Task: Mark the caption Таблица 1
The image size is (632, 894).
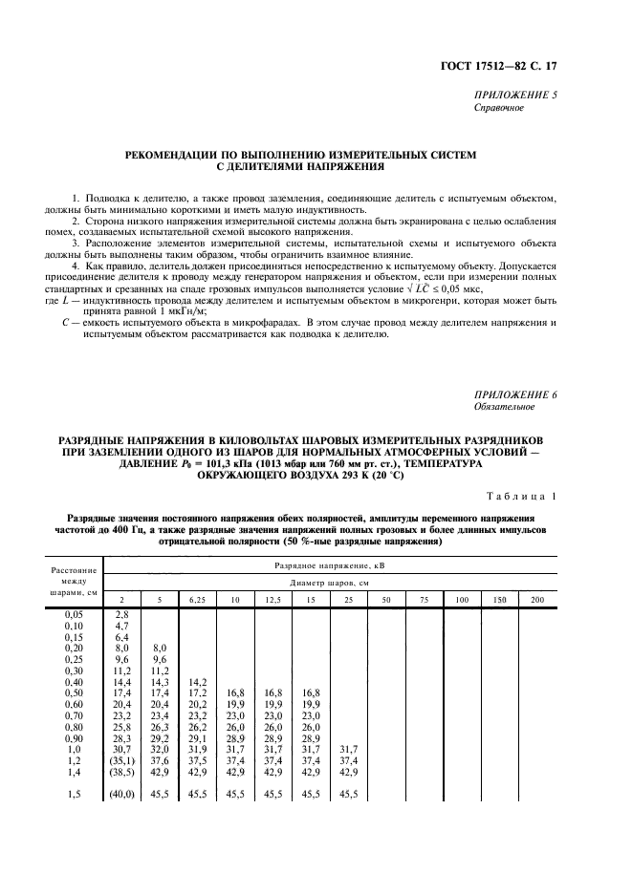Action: [x=540, y=497]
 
